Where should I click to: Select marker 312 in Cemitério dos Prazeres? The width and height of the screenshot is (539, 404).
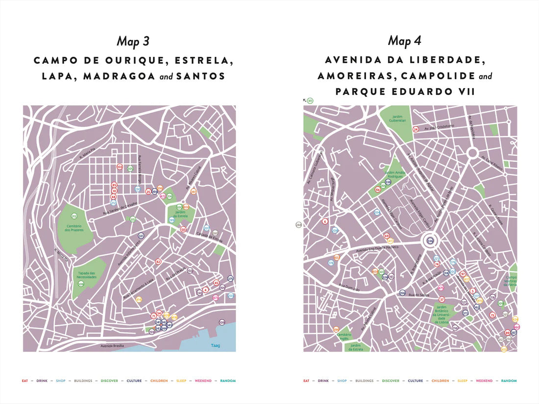pyautogui.click(x=74, y=216)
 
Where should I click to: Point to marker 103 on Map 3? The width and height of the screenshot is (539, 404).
pyautogui.click(x=119, y=167)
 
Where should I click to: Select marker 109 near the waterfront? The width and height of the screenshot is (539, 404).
pyautogui.click(x=222, y=322)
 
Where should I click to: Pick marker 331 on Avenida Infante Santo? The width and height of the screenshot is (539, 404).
pyautogui.click(x=141, y=236)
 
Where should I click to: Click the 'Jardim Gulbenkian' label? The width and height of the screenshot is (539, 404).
pyautogui.click(x=398, y=118)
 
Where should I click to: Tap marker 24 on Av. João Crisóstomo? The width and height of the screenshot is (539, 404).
pyautogui.click(x=416, y=129)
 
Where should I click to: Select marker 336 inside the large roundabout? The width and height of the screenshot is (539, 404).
pyautogui.click(x=430, y=241)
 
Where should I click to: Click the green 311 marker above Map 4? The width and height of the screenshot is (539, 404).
pyautogui.click(x=310, y=101)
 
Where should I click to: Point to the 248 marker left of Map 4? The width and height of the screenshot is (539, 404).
pyautogui.click(x=299, y=225)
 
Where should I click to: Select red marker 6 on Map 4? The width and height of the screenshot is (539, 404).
pyautogui.click(x=324, y=221)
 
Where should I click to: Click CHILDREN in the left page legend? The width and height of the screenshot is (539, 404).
pyautogui.click(x=159, y=380)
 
